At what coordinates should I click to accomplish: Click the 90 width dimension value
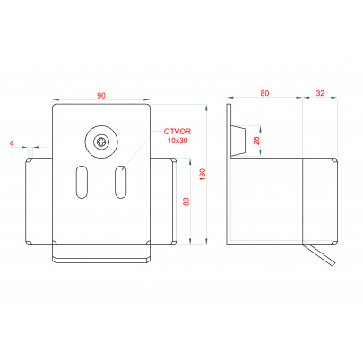[101, 96]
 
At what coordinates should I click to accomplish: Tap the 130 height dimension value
[203, 174]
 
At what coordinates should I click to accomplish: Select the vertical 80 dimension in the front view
[186, 201]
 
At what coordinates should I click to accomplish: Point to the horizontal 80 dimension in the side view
[264, 93]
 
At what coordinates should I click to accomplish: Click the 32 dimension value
[320, 93]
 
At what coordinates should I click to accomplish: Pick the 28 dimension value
[256, 141]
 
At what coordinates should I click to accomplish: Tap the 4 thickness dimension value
[12, 143]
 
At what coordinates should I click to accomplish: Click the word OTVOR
[177, 132]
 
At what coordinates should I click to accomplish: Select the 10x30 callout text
[177, 141]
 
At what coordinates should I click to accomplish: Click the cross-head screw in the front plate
[101, 141]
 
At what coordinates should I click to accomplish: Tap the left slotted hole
[82, 182]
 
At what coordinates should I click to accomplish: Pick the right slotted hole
[120, 182]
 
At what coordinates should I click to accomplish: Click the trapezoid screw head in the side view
[238, 141]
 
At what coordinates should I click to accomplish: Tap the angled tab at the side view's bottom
[319, 253]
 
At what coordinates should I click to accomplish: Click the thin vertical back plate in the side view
[229, 174]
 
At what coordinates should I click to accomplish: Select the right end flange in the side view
[334, 201]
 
